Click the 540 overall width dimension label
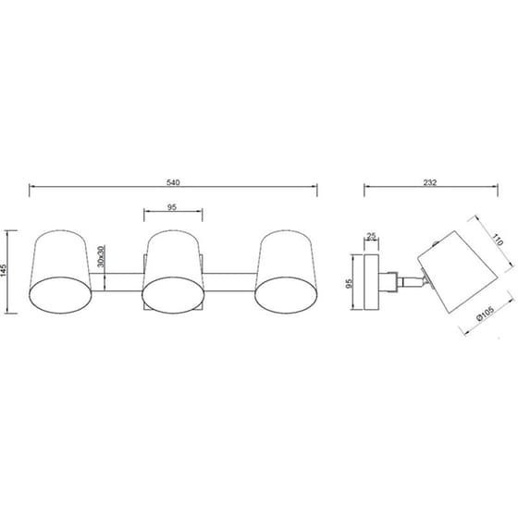pos(173,182)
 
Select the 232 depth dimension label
pos(430,182)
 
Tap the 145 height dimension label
pos(4,270)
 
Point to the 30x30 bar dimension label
pos(101,256)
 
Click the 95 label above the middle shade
pos(172,207)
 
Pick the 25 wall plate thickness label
pos(372,236)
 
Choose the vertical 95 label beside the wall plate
pos(350,283)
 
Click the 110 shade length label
pos(498,240)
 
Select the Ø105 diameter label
pos(486,313)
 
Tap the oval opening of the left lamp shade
pos(60,295)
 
